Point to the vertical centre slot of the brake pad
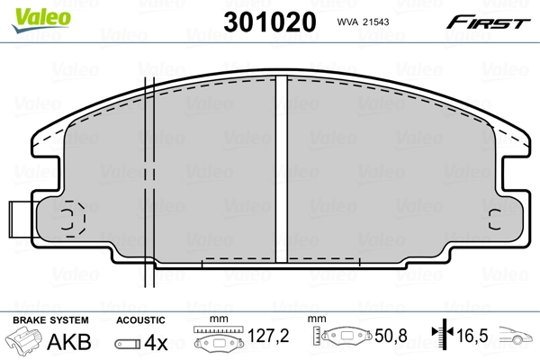tap(279, 171)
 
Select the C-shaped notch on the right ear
tap(493, 219)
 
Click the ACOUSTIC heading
tap(141, 319)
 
